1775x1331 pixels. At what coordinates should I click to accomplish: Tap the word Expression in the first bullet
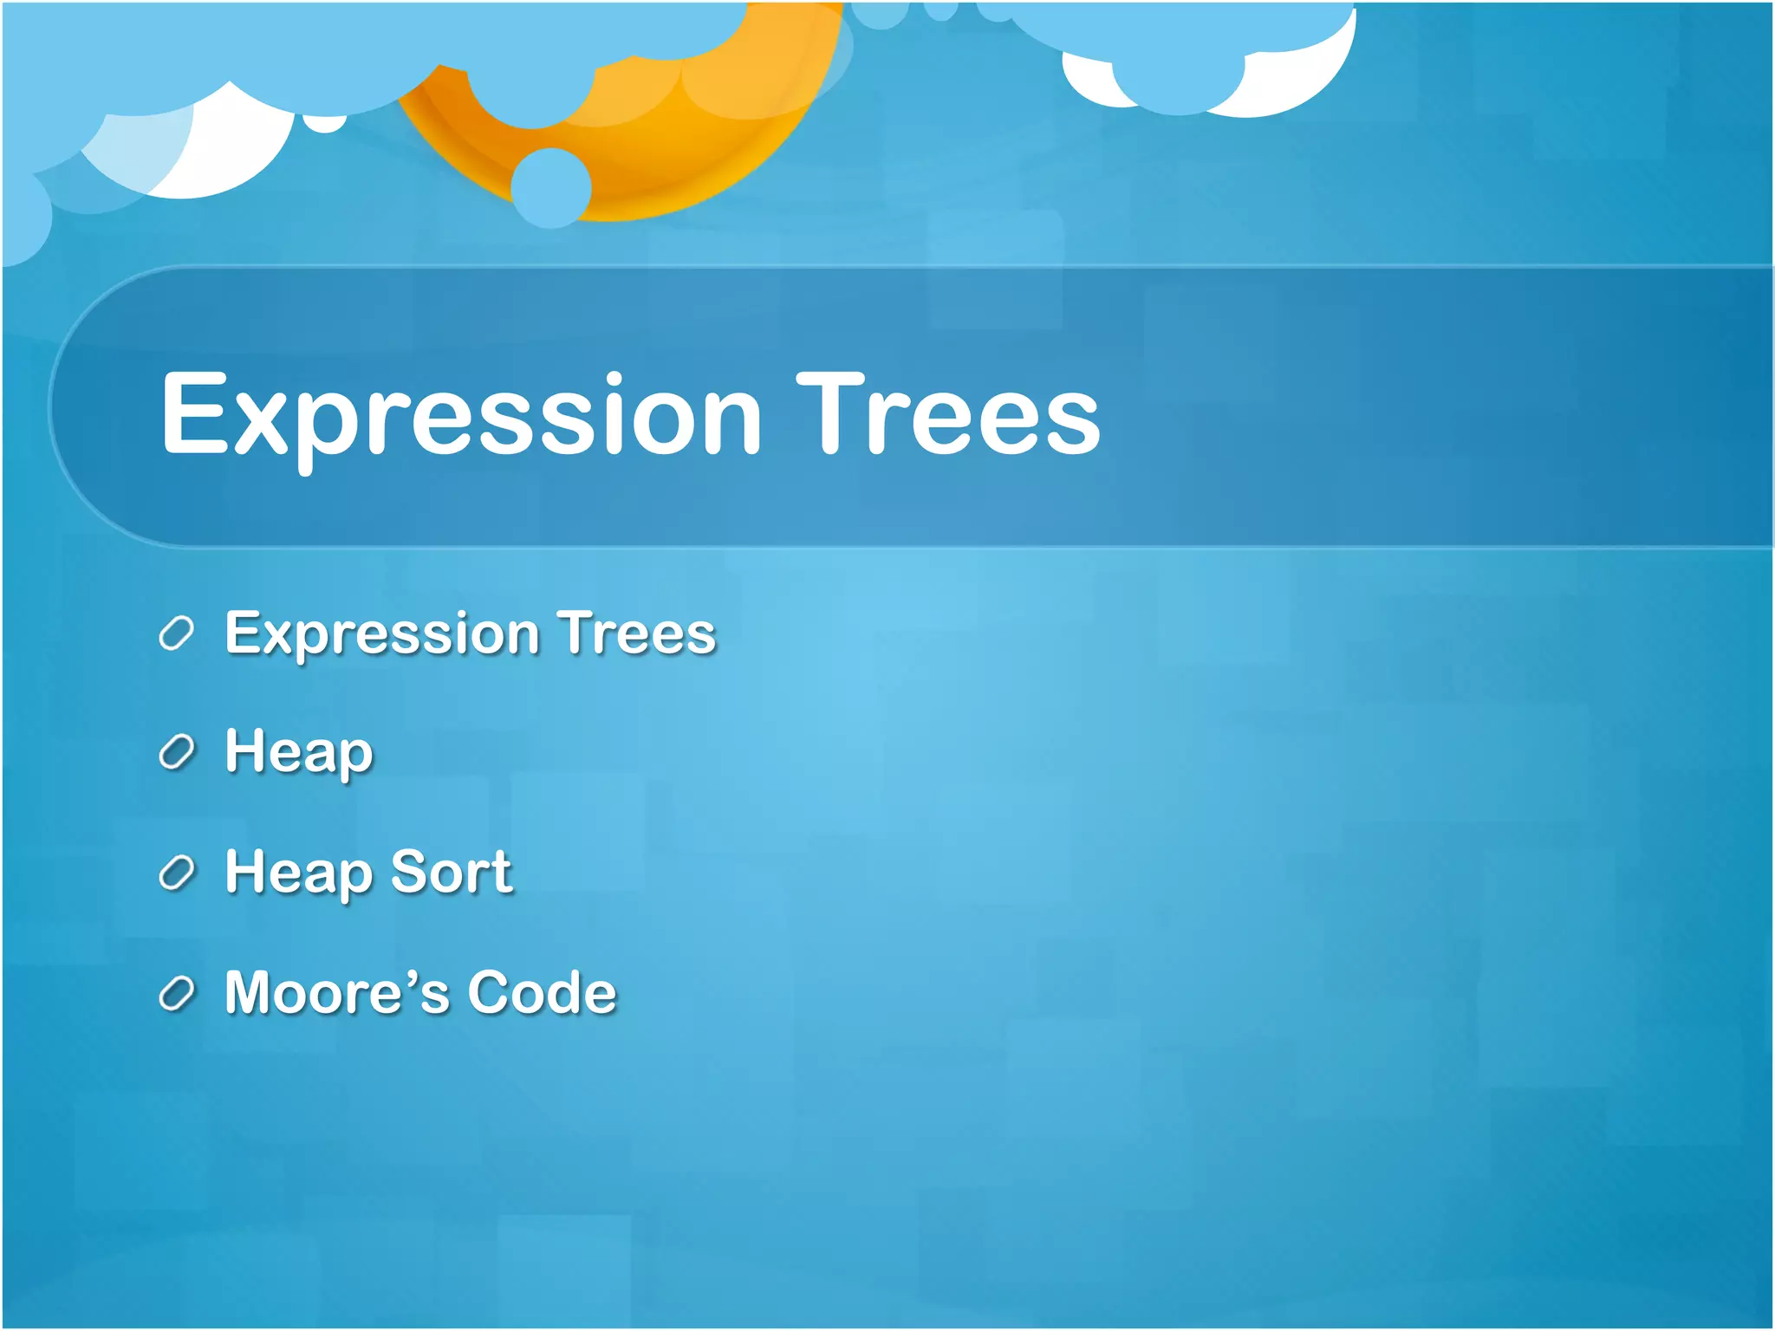click(x=382, y=633)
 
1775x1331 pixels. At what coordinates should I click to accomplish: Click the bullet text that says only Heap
click(x=298, y=752)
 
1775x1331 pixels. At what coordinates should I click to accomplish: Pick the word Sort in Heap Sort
click(x=451, y=872)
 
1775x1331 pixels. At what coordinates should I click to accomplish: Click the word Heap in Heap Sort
click(x=298, y=873)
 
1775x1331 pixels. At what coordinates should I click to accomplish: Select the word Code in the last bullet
click(x=542, y=992)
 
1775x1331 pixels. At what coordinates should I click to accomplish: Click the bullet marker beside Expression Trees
click(x=177, y=634)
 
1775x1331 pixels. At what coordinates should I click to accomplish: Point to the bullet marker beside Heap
click(x=177, y=753)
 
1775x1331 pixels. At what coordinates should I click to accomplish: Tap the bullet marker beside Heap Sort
click(x=177, y=873)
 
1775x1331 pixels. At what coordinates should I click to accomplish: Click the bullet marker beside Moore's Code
click(x=177, y=994)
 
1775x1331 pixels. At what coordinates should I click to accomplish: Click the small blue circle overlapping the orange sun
click(x=551, y=188)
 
